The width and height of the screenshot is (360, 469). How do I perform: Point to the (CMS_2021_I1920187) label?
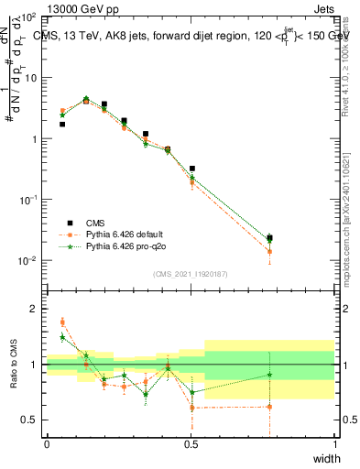pos(190,274)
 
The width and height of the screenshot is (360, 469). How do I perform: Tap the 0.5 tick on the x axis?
pos(191,444)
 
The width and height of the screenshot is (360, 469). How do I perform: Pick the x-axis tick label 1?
pos(335,444)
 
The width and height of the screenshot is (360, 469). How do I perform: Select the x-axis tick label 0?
pos(47,444)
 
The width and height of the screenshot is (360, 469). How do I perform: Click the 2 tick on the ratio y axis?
pos(36,309)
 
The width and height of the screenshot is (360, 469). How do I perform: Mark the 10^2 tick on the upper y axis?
pos(29,17)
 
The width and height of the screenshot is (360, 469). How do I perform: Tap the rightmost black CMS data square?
pos(269,238)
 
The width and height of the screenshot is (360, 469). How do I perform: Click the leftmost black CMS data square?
pos(62,124)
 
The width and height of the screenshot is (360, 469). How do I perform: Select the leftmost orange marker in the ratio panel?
pos(62,322)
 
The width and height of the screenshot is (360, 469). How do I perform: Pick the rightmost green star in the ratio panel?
pos(269,374)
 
